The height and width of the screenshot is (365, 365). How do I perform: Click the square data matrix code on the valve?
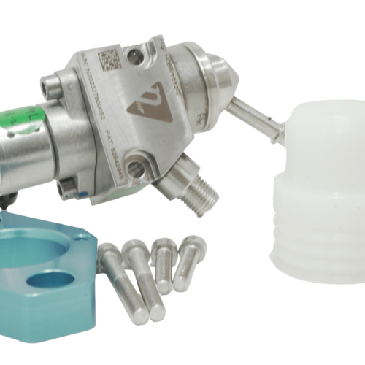click(110, 60)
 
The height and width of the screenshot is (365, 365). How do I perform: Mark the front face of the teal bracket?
click(44, 321)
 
